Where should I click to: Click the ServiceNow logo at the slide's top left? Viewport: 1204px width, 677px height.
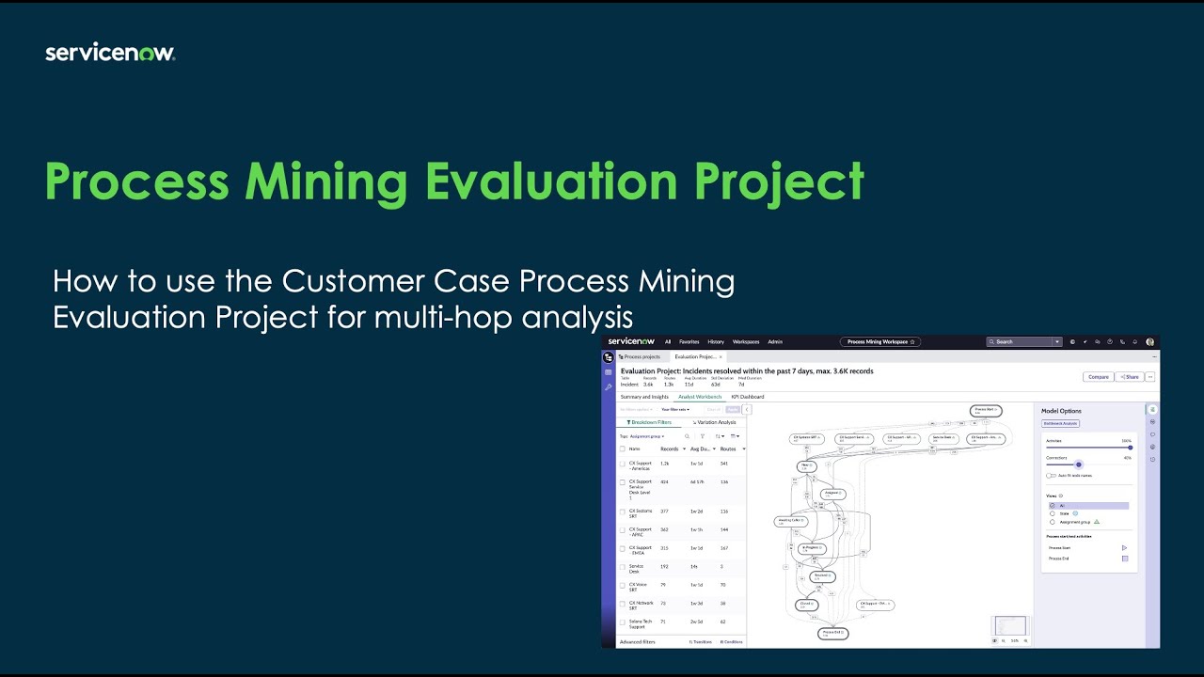(110, 53)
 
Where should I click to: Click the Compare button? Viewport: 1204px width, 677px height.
(1098, 376)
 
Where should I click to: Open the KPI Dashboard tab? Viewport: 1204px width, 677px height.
(748, 397)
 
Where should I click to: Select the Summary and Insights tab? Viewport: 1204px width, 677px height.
(644, 397)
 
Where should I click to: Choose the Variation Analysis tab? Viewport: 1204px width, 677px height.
(715, 422)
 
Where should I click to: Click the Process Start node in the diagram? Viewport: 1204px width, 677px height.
(986, 411)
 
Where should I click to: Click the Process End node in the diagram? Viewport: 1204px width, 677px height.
(833, 634)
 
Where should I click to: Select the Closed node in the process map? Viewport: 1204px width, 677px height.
(806, 605)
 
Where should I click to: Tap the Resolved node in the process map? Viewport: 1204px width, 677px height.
(821, 575)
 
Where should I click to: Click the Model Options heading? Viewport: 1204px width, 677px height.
(1061, 411)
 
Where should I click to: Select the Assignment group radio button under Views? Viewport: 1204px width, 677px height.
(1053, 522)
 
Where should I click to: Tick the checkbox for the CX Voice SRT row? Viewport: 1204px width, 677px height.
(622, 585)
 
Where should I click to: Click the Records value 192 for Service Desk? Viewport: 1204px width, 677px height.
(664, 567)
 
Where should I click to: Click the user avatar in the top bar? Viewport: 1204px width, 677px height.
(1149, 341)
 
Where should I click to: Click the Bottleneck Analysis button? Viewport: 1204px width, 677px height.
(1060, 423)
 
